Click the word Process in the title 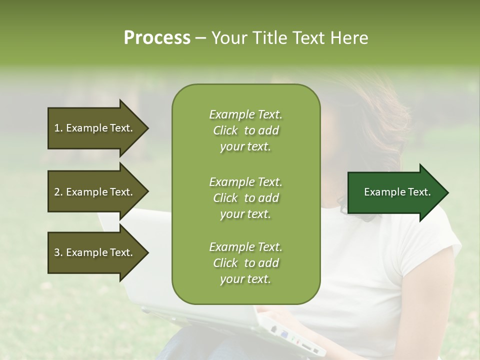coord(157,38)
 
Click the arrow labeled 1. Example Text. coord(95,128)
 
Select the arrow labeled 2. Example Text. coord(95,192)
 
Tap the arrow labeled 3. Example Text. coord(95,252)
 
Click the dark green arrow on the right coord(395,192)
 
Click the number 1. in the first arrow coord(58,128)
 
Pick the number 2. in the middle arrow coord(58,192)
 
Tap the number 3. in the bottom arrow coord(58,252)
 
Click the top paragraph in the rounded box coord(245,130)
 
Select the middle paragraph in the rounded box coord(245,198)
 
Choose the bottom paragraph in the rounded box coord(245,263)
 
